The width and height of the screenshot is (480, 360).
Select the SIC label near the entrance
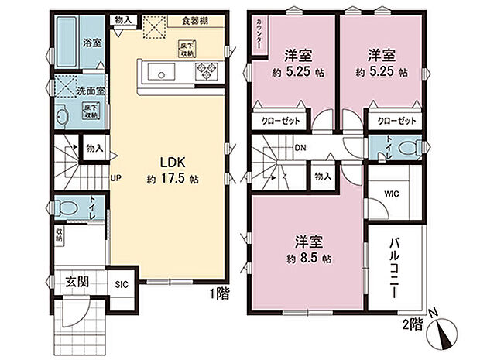(122, 284)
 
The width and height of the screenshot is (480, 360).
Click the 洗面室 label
(90, 91)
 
